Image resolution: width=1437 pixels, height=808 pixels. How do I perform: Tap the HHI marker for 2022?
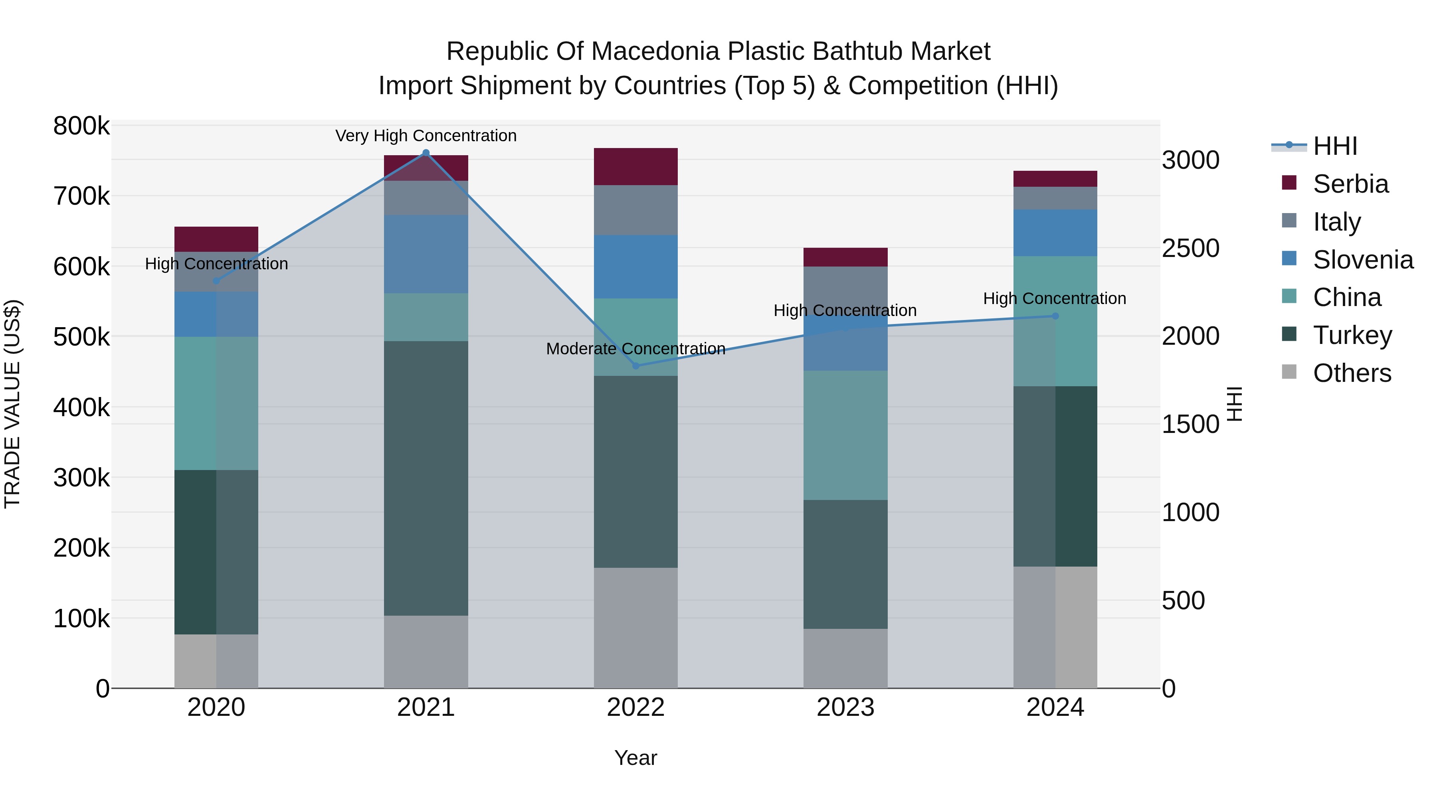click(x=635, y=366)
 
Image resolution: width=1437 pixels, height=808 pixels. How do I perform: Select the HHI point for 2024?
click(x=1055, y=316)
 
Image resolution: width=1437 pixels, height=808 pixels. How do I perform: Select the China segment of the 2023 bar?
click(x=845, y=435)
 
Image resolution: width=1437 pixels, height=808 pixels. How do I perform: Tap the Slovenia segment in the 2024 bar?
click(x=1055, y=233)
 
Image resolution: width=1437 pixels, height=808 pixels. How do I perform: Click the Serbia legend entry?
click(x=1350, y=184)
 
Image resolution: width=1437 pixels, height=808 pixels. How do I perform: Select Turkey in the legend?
click(x=1352, y=335)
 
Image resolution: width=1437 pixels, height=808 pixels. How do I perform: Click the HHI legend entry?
click(x=1334, y=146)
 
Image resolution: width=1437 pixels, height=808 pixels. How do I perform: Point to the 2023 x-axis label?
click(x=845, y=707)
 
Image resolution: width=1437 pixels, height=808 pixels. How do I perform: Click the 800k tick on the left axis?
click(x=81, y=126)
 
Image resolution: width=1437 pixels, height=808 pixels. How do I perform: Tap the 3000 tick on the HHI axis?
click(x=1190, y=160)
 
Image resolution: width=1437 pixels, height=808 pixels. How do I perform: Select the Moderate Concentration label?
click(x=635, y=348)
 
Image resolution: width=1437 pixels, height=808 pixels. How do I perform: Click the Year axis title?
click(x=635, y=758)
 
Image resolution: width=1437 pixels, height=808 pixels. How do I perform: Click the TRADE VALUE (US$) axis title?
click(x=12, y=404)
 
